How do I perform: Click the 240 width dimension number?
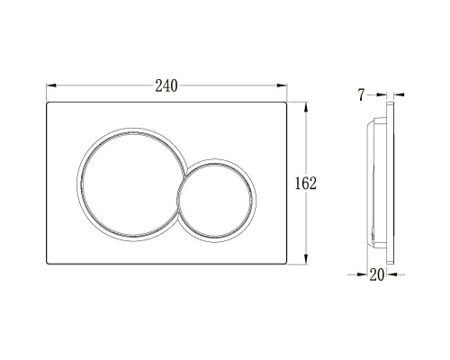click(x=166, y=85)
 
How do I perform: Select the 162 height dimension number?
click(x=306, y=183)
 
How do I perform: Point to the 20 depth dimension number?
click(x=376, y=275)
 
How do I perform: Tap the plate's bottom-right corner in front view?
click(x=286, y=264)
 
